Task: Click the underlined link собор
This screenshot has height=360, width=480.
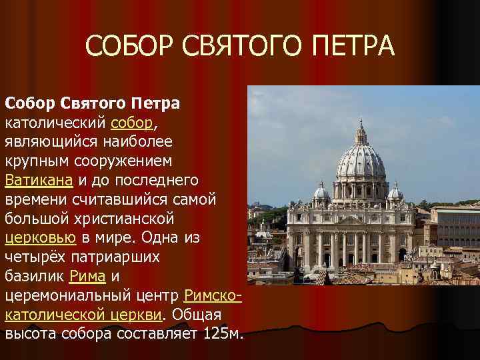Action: [133, 123]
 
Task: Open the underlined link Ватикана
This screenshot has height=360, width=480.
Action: [39, 180]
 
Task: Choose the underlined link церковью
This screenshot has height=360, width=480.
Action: [41, 237]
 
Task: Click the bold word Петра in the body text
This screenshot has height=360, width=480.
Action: [156, 104]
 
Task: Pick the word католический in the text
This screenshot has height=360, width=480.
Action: [56, 123]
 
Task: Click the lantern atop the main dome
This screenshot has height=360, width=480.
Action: [361, 133]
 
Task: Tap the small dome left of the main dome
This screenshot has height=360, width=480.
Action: [322, 193]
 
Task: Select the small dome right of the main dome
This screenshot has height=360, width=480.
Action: [395, 192]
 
